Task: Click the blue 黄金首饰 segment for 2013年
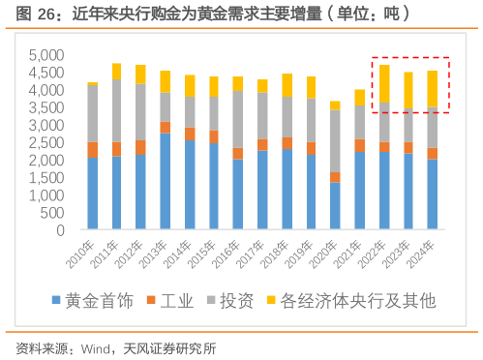pyautogui.click(x=166, y=180)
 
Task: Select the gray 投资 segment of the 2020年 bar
pyautogui.click(x=335, y=141)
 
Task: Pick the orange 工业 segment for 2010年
pyautogui.click(x=92, y=150)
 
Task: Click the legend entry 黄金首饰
pyautogui.click(x=96, y=302)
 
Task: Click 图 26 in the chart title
pyautogui.click(x=29, y=13)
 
